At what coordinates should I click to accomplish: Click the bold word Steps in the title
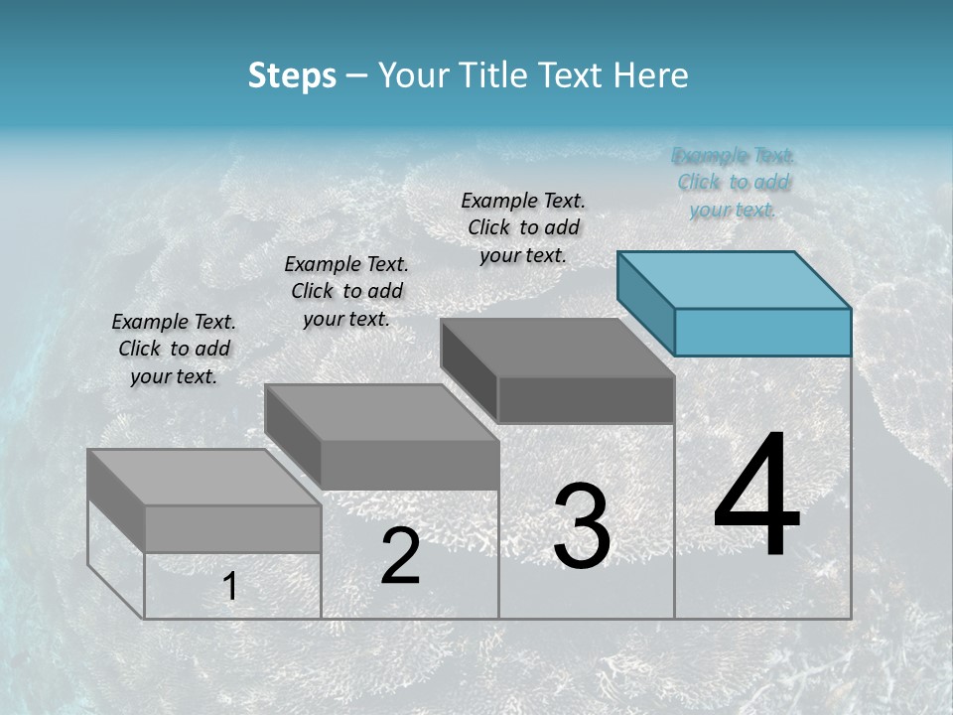(x=292, y=75)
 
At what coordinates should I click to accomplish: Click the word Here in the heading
(x=651, y=75)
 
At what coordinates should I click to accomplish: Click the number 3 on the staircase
(x=582, y=526)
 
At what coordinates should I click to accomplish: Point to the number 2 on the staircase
(x=400, y=556)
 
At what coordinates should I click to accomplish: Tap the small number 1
(x=229, y=587)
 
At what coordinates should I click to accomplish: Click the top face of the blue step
(x=735, y=279)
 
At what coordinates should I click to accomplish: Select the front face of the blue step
(x=762, y=332)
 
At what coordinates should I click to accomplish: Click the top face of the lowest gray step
(x=204, y=478)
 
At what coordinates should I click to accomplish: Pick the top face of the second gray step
(x=381, y=412)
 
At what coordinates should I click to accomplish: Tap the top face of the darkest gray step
(x=558, y=348)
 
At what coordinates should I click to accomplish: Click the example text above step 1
(x=174, y=349)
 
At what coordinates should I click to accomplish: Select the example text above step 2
(x=346, y=291)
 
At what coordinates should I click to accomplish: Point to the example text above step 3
(x=523, y=227)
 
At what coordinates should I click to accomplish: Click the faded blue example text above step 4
(x=733, y=182)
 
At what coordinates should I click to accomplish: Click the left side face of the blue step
(x=645, y=298)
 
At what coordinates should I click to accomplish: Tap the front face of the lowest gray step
(x=232, y=528)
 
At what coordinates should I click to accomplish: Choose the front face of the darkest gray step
(x=586, y=399)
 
